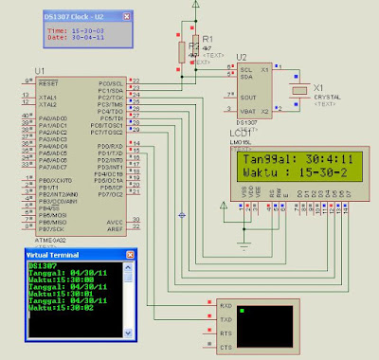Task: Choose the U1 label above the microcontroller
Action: click(x=39, y=72)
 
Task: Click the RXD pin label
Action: click(x=226, y=306)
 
